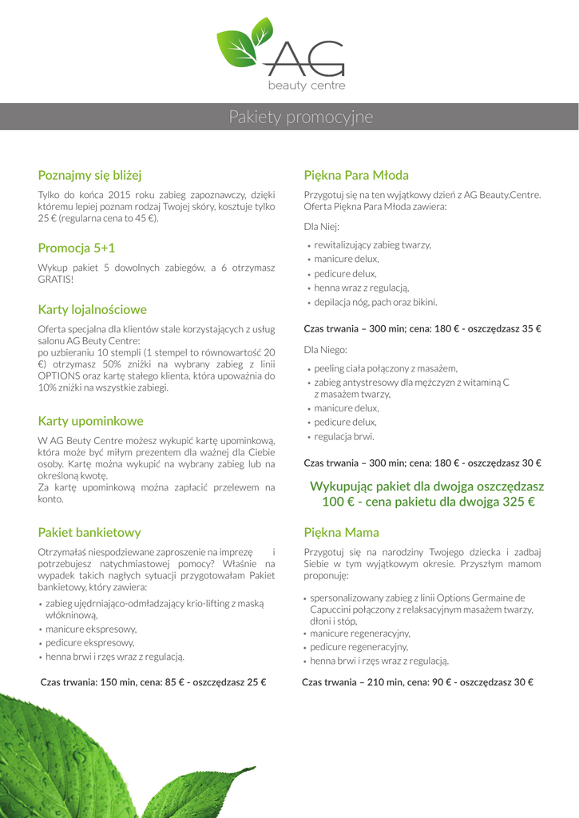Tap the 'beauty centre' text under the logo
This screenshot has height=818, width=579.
click(x=306, y=85)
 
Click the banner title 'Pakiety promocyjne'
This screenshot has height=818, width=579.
click(x=301, y=117)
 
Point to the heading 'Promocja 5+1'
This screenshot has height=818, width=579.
click(x=77, y=248)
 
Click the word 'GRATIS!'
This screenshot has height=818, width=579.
click(x=55, y=280)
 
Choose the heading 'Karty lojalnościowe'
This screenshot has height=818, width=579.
click(x=93, y=309)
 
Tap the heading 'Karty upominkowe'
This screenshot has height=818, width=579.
click(x=91, y=421)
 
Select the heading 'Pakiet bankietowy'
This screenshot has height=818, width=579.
click(x=89, y=532)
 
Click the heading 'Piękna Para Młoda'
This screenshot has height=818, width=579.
click(x=356, y=175)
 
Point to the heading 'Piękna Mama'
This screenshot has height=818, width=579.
click(x=342, y=532)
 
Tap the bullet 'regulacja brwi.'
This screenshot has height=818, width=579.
click(x=344, y=436)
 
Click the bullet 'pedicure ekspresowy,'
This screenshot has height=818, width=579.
click(x=89, y=642)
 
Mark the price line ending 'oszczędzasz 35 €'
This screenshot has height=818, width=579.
click(x=422, y=328)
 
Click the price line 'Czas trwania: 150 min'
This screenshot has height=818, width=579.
click(x=153, y=682)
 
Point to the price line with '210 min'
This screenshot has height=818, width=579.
click(x=418, y=682)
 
